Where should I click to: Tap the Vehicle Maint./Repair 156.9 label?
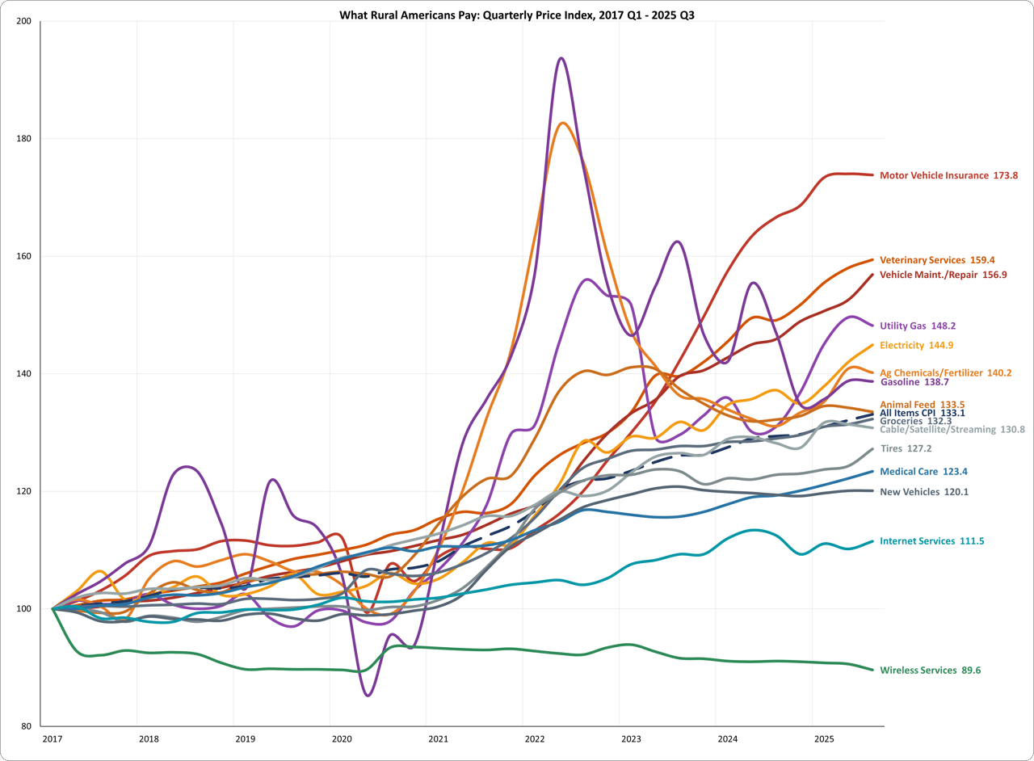[943, 275]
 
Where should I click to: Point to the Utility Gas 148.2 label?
[918, 326]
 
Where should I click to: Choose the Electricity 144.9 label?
[916, 345]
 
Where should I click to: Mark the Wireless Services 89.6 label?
[930, 670]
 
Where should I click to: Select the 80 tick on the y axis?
[25, 725]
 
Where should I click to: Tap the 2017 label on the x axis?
[52, 738]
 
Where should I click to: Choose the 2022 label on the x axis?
[535, 738]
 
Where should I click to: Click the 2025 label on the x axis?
[824, 738]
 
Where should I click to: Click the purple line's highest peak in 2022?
[561, 58]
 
